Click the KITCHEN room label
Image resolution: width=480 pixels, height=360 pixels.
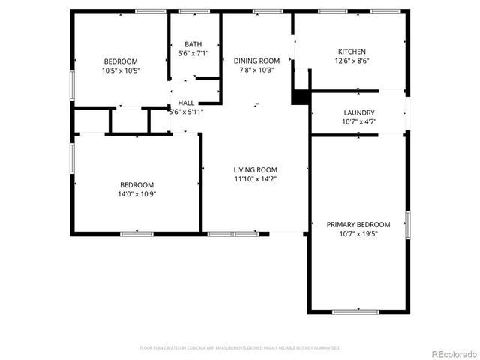352,52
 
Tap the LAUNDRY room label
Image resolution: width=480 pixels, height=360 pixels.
358,112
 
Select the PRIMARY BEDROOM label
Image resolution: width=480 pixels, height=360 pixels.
358,224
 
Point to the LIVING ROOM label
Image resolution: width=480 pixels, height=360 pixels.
255,169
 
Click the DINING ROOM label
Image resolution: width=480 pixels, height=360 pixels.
256,61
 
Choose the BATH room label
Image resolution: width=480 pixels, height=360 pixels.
193,44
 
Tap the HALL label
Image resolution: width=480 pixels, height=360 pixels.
186,103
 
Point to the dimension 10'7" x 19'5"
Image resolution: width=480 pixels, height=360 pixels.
358,233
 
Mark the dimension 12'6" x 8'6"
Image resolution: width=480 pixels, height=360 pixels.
352,61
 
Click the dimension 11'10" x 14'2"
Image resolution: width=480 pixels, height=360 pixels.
255,178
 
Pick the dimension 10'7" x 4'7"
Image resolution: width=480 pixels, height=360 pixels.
358,121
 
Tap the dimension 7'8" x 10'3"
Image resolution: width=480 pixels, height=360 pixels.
256,70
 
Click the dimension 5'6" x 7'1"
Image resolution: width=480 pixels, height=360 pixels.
193,53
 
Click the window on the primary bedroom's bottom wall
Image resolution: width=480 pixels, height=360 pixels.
355,311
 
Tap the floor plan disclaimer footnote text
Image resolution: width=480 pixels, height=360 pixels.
240,348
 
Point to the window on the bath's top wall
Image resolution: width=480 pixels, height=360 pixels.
194,11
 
